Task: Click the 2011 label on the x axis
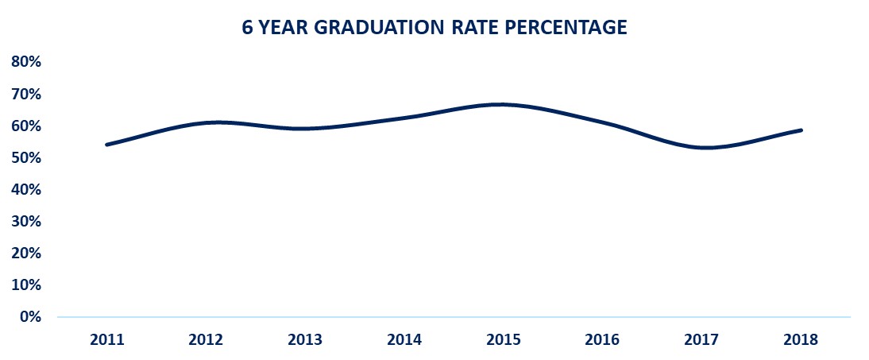tap(106, 340)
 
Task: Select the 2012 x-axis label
tap(206, 340)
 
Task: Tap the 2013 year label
tap(305, 340)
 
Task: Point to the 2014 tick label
tap(404, 340)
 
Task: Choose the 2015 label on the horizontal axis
tap(504, 340)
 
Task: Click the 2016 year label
tap(603, 340)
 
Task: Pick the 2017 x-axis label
tap(702, 340)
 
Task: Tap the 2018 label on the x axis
tap(801, 340)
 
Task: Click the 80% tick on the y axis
tap(26, 62)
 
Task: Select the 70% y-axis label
tap(26, 94)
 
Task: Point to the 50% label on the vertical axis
tap(26, 157)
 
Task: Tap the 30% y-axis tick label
tap(26, 221)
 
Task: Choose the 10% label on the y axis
tap(26, 285)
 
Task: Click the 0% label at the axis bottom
tap(30, 316)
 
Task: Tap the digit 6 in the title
tap(246, 28)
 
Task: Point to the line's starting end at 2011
tap(106, 145)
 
